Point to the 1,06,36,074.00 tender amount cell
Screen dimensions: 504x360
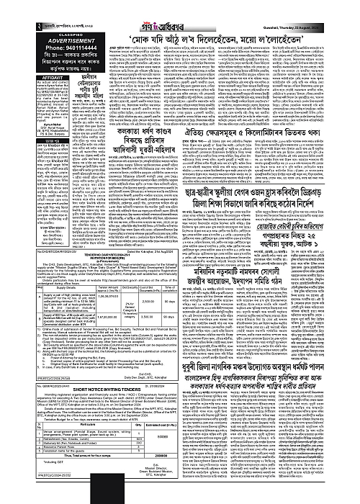coord(107,295)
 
